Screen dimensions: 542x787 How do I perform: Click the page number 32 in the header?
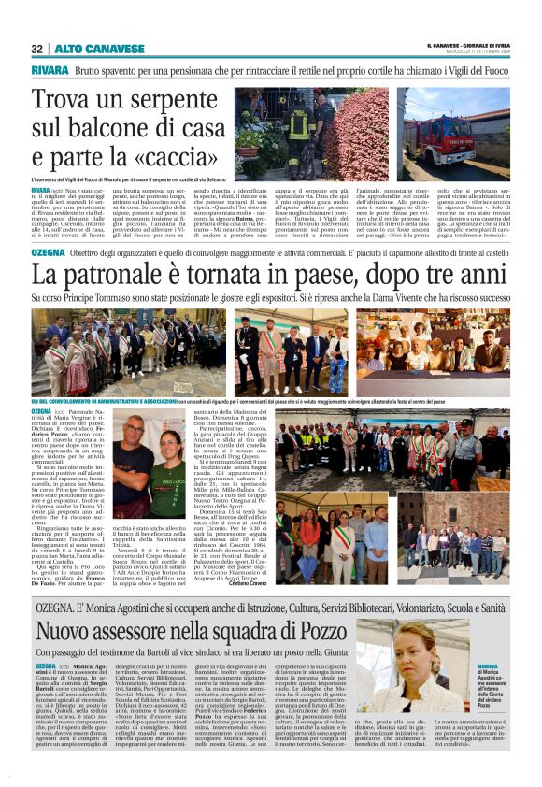[36, 49]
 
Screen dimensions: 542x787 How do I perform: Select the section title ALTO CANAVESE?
[85, 49]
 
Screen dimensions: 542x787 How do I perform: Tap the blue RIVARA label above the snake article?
[49, 71]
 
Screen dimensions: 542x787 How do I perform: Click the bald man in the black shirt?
[134, 465]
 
